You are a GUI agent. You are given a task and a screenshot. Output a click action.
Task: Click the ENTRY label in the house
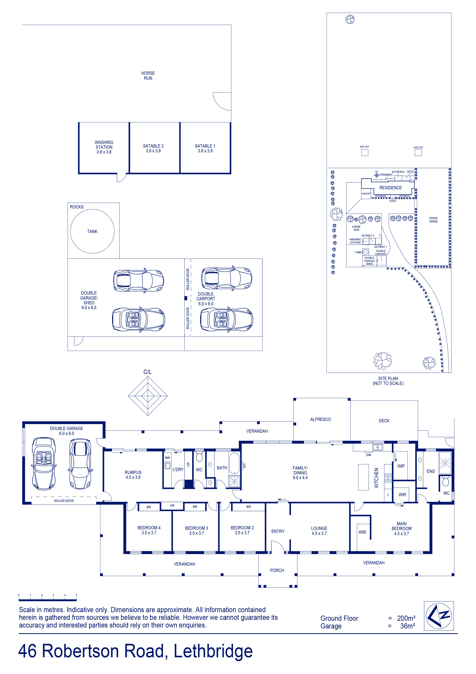coord(278,531)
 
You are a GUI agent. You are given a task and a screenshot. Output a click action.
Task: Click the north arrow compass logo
coord(439,616)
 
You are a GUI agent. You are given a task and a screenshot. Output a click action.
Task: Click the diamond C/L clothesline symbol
coord(148,396)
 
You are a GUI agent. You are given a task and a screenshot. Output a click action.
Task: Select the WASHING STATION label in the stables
coord(104,145)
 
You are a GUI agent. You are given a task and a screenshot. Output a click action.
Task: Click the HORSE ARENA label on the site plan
coord(433,220)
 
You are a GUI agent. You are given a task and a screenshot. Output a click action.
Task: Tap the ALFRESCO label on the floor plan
coord(321,419)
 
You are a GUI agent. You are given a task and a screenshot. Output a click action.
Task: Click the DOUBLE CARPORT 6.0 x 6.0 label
coord(206,299)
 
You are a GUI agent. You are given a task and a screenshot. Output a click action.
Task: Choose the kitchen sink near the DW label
coord(378,447)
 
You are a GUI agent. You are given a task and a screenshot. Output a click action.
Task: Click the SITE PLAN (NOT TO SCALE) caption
coord(388,381)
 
